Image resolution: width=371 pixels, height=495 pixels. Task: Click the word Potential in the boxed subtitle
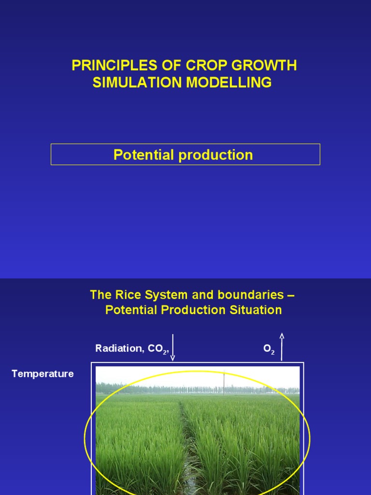[143, 155]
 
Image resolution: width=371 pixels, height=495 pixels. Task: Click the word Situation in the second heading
[258, 310]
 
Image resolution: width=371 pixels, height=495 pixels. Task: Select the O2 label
[269, 349]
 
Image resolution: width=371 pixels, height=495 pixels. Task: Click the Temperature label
[43, 374]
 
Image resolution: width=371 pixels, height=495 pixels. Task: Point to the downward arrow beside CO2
[172, 348]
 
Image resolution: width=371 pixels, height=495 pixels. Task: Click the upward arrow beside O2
[282, 347]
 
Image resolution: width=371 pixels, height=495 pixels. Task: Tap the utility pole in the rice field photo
[224, 383]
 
